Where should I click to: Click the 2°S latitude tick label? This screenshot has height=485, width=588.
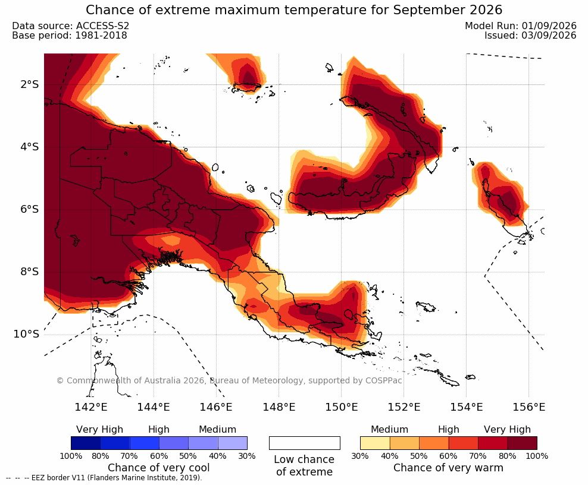point(29,84)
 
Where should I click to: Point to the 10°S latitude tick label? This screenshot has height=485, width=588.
point(26,333)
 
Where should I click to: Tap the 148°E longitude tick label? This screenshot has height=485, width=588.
point(279,407)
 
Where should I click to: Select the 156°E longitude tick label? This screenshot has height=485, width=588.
point(528,407)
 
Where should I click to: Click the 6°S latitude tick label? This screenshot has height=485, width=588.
point(29,209)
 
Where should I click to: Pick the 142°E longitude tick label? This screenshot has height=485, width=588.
point(91,407)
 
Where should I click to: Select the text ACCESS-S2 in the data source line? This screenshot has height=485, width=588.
point(102,26)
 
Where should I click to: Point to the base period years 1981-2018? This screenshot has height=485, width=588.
point(101,35)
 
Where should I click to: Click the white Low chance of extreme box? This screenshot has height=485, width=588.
point(305,443)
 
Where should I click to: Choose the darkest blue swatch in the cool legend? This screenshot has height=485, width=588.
point(86,443)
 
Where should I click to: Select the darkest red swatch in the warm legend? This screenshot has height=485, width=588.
point(523,443)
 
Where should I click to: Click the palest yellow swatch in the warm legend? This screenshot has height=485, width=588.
point(375,443)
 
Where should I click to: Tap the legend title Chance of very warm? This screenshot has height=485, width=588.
point(448,468)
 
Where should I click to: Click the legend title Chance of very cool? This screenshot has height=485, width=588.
point(159,468)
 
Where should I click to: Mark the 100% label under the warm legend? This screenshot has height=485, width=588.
point(537,456)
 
